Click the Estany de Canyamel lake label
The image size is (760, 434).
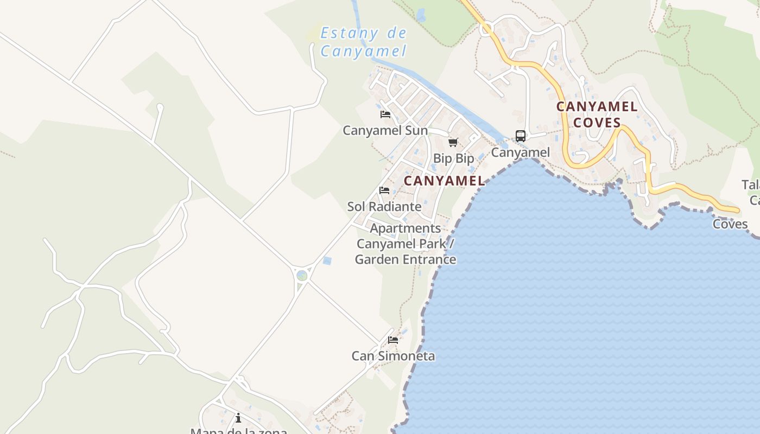pyautogui.click(x=363, y=42)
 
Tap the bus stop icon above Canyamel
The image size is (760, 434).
pyautogui.click(x=520, y=136)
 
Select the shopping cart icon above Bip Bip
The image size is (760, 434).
pyautogui.click(x=453, y=142)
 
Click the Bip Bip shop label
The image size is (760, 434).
pyautogui.click(x=453, y=158)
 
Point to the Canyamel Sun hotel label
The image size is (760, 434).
pyautogui.click(x=385, y=131)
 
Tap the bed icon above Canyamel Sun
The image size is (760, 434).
pyautogui.click(x=385, y=114)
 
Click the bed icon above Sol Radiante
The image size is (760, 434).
pyautogui.click(x=384, y=190)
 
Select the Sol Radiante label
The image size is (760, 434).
pyautogui.click(x=384, y=207)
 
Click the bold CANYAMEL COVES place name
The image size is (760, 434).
pyautogui.click(x=597, y=114)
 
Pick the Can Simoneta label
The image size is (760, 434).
pyautogui.click(x=393, y=356)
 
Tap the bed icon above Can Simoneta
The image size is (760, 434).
pyautogui.click(x=393, y=340)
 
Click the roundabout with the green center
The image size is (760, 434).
pyautogui.click(x=302, y=276)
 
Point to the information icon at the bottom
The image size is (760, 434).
pyautogui.click(x=238, y=418)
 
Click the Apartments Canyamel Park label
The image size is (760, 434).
pyautogui.click(x=405, y=236)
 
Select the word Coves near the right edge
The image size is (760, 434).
pyautogui.click(x=730, y=224)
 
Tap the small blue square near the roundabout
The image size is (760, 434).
pyautogui.click(x=327, y=261)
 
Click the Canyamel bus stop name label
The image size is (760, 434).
pyautogui.click(x=520, y=152)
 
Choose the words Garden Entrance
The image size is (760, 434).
pyautogui.click(x=405, y=259)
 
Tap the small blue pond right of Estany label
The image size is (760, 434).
pyautogui.click(x=421, y=15)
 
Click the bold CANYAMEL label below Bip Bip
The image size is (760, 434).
pyautogui.click(x=444, y=181)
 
